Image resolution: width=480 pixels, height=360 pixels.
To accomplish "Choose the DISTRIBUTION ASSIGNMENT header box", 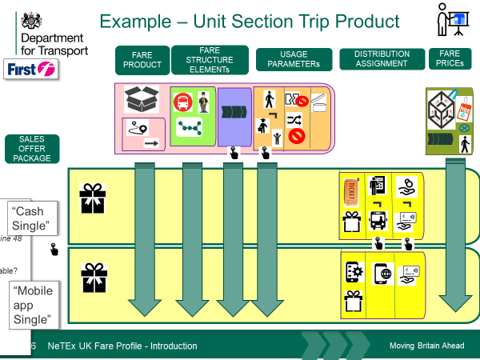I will [382, 59].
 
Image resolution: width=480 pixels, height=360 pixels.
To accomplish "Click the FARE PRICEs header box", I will [450, 59].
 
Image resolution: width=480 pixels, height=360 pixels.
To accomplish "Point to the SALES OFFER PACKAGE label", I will [32, 148].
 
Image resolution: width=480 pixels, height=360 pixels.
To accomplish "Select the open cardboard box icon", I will [142, 99].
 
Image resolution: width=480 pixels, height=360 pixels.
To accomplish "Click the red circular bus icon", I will [183, 102].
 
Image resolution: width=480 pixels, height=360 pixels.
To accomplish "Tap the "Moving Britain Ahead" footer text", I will [423, 346].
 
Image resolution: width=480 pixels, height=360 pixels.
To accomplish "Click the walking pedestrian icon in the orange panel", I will [270, 98].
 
